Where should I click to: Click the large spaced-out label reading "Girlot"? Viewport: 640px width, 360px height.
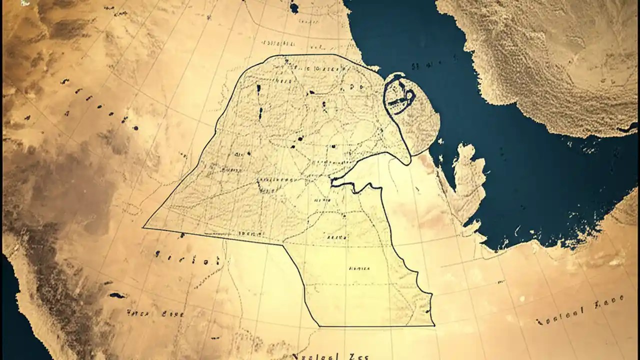pyautogui.click(x=188, y=259)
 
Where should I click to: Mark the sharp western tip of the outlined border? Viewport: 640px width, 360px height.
pyautogui.click(x=143, y=227)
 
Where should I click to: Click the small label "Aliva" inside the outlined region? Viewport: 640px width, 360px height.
pyautogui.click(x=336, y=236)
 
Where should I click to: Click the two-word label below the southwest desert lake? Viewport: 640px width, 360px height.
pyautogui.click(x=155, y=314)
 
